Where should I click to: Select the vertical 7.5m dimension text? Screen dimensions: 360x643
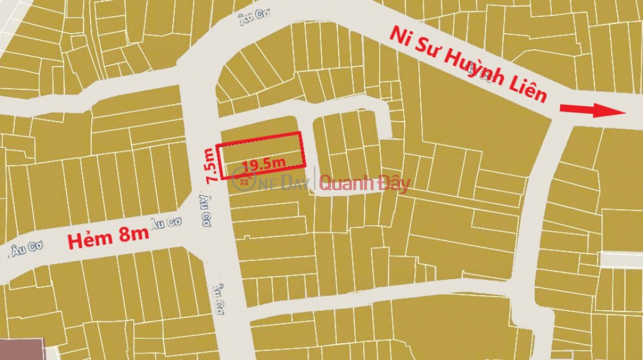pyautogui.click(x=210, y=165)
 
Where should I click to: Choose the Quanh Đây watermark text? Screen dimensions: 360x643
pyautogui.click(x=364, y=184)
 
